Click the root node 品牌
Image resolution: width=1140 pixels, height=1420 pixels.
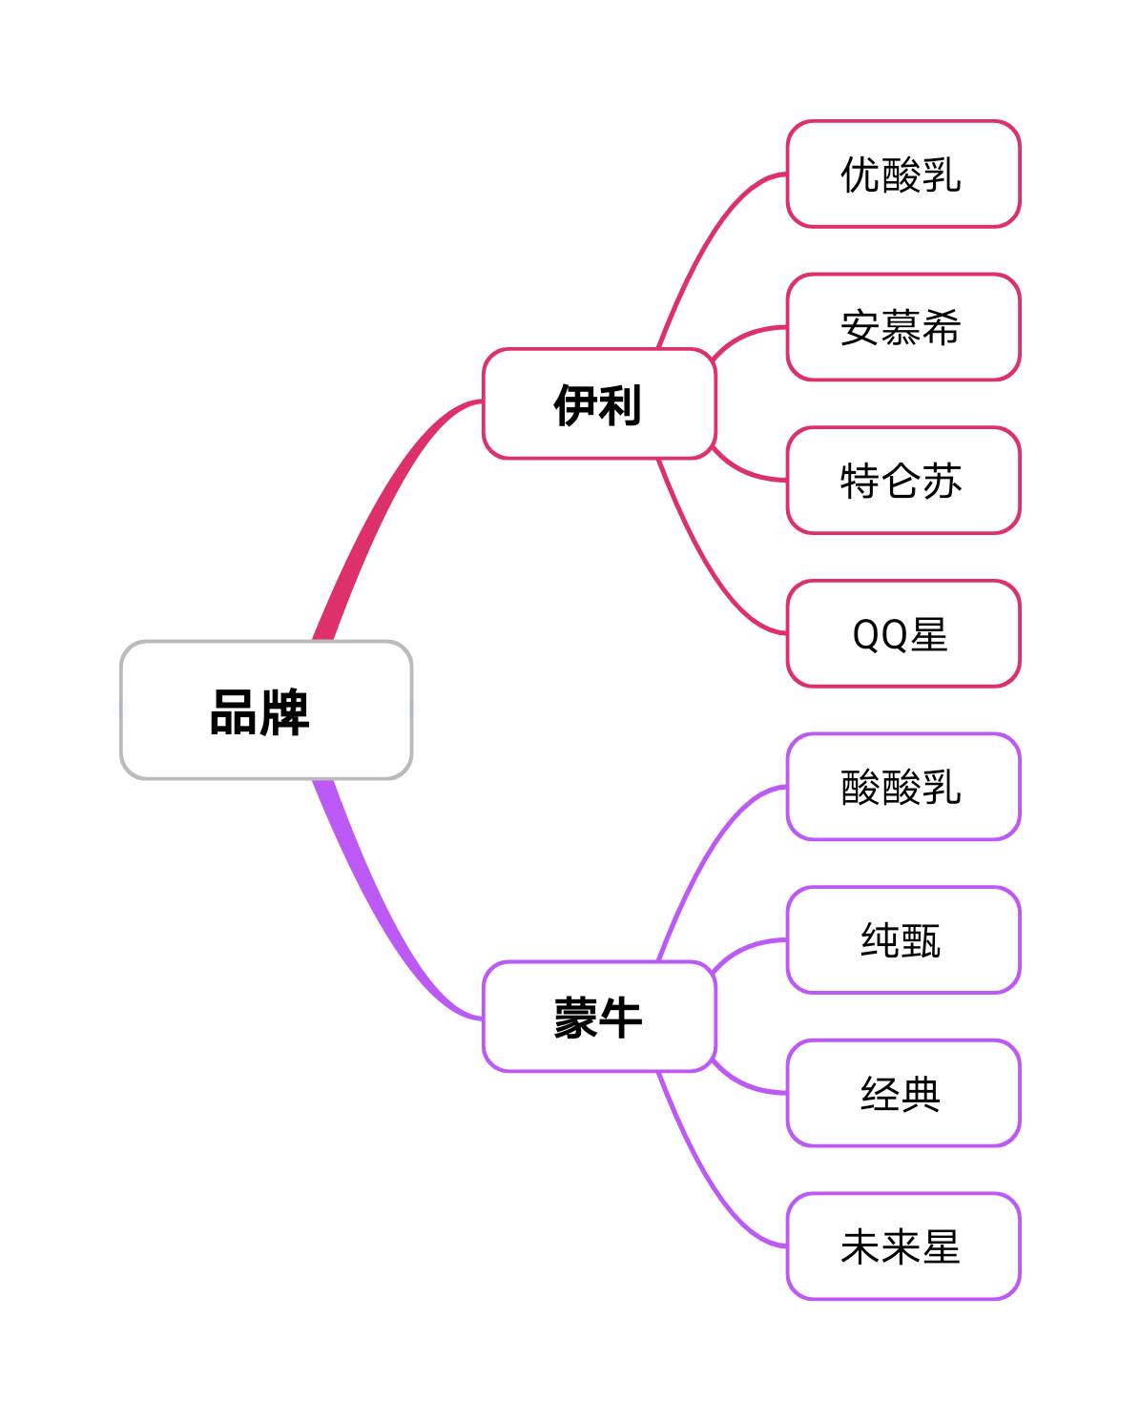pyautogui.click(x=266, y=710)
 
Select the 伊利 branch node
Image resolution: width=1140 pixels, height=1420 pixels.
pyautogui.click(x=598, y=404)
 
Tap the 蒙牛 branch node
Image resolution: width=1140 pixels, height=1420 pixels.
pyautogui.click(x=598, y=1017)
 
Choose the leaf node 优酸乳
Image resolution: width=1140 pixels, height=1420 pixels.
pyautogui.click(x=902, y=175)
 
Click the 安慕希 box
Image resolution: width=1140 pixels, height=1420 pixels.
pyautogui.click(x=902, y=327)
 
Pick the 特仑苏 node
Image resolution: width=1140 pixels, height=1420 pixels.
pyautogui.click(x=902, y=481)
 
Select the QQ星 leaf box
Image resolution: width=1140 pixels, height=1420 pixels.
pyautogui.click(x=902, y=633)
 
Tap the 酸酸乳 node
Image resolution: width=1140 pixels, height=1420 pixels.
pyautogui.click(x=902, y=787)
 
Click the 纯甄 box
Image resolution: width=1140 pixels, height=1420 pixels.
pyautogui.click(x=902, y=940)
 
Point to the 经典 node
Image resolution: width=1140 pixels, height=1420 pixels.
pyautogui.click(x=902, y=1093)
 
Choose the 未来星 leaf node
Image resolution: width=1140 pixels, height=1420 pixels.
pyautogui.click(x=902, y=1246)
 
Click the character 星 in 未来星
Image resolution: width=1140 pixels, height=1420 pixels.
pyautogui.click(x=941, y=1246)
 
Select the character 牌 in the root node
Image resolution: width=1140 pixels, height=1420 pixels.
pyautogui.click(x=285, y=711)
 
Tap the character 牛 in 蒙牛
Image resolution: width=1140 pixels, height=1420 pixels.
pyautogui.click(x=620, y=1018)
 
